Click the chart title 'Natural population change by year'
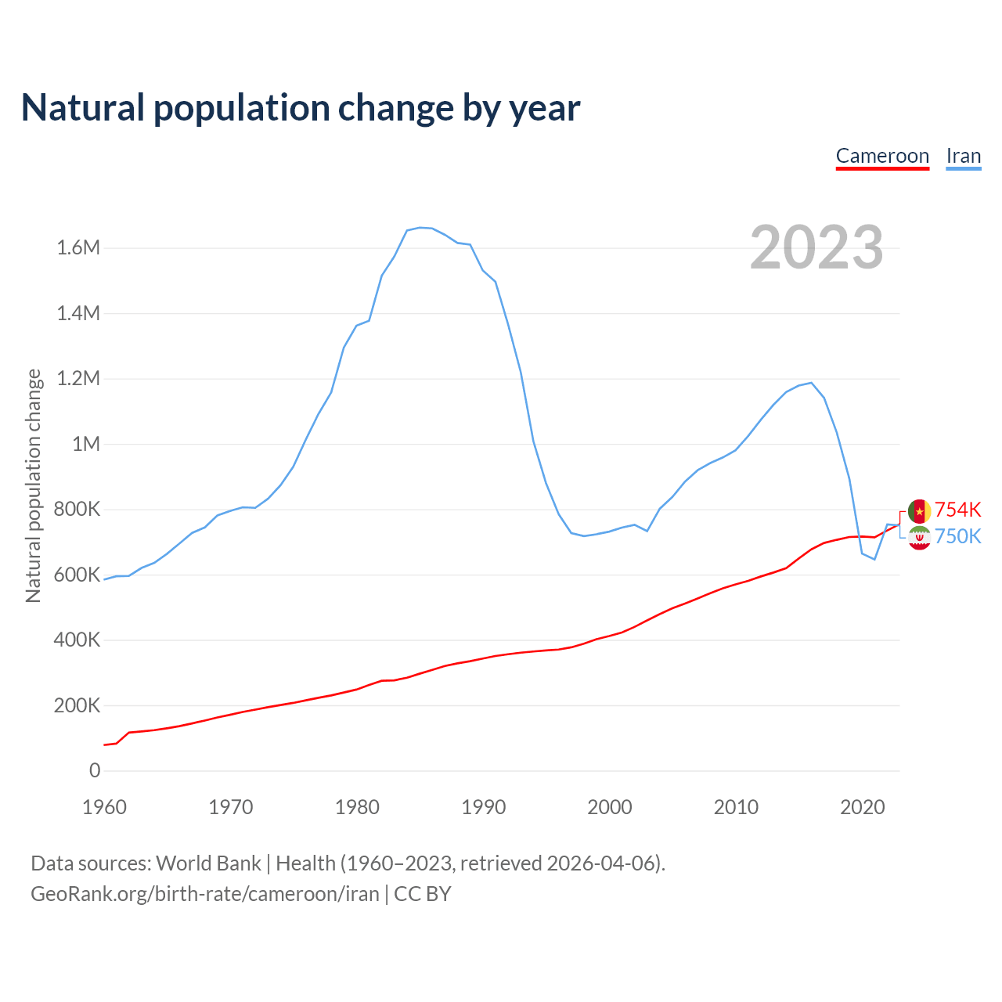tap(301, 108)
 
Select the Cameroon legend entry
tap(882, 156)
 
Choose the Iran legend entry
tap(964, 156)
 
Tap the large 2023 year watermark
tap(816, 247)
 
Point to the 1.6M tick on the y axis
tap(78, 248)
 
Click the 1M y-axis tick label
tap(86, 445)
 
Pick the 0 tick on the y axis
tap(95, 771)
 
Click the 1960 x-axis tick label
tap(104, 807)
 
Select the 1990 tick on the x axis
tap(483, 807)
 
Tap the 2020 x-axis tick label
tap(862, 807)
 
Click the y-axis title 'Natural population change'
tap(34, 485)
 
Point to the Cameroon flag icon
tap(919, 510)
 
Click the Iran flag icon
tap(919, 538)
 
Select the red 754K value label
tap(958, 510)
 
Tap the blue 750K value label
tap(958, 537)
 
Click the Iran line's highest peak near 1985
tap(420, 228)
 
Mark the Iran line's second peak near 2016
tap(812, 383)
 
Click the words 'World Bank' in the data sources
tap(208, 863)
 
